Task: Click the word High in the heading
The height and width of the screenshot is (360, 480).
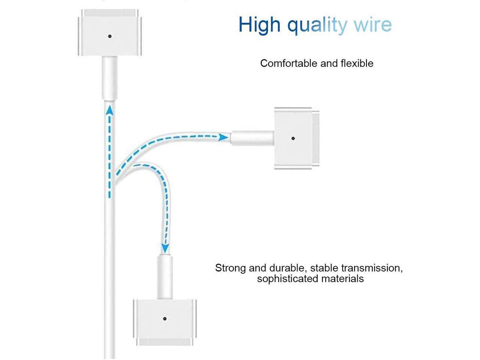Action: click(x=259, y=25)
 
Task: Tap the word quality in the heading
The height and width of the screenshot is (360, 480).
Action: click(x=317, y=25)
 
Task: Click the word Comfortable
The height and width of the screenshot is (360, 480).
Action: click(x=288, y=63)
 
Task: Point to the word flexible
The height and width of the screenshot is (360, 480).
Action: click(x=357, y=63)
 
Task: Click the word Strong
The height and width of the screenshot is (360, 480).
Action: click(x=231, y=268)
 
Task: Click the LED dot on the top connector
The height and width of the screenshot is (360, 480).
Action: click(x=110, y=36)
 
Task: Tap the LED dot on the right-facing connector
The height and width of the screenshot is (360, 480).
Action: click(x=293, y=138)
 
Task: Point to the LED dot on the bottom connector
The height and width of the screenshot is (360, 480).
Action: click(x=165, y=319)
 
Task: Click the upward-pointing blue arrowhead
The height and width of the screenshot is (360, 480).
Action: click(x=109, y=110)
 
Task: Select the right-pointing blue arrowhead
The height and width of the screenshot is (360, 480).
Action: click(x=223, y=137)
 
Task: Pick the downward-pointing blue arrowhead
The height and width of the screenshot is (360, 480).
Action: click(x=165, y=249)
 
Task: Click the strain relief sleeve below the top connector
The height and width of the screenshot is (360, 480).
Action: click(x=110, y=78)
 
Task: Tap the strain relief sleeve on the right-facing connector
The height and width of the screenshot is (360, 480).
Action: click(x=252, y=138)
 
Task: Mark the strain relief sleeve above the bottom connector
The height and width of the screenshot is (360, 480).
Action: click(x=165, y=277)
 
